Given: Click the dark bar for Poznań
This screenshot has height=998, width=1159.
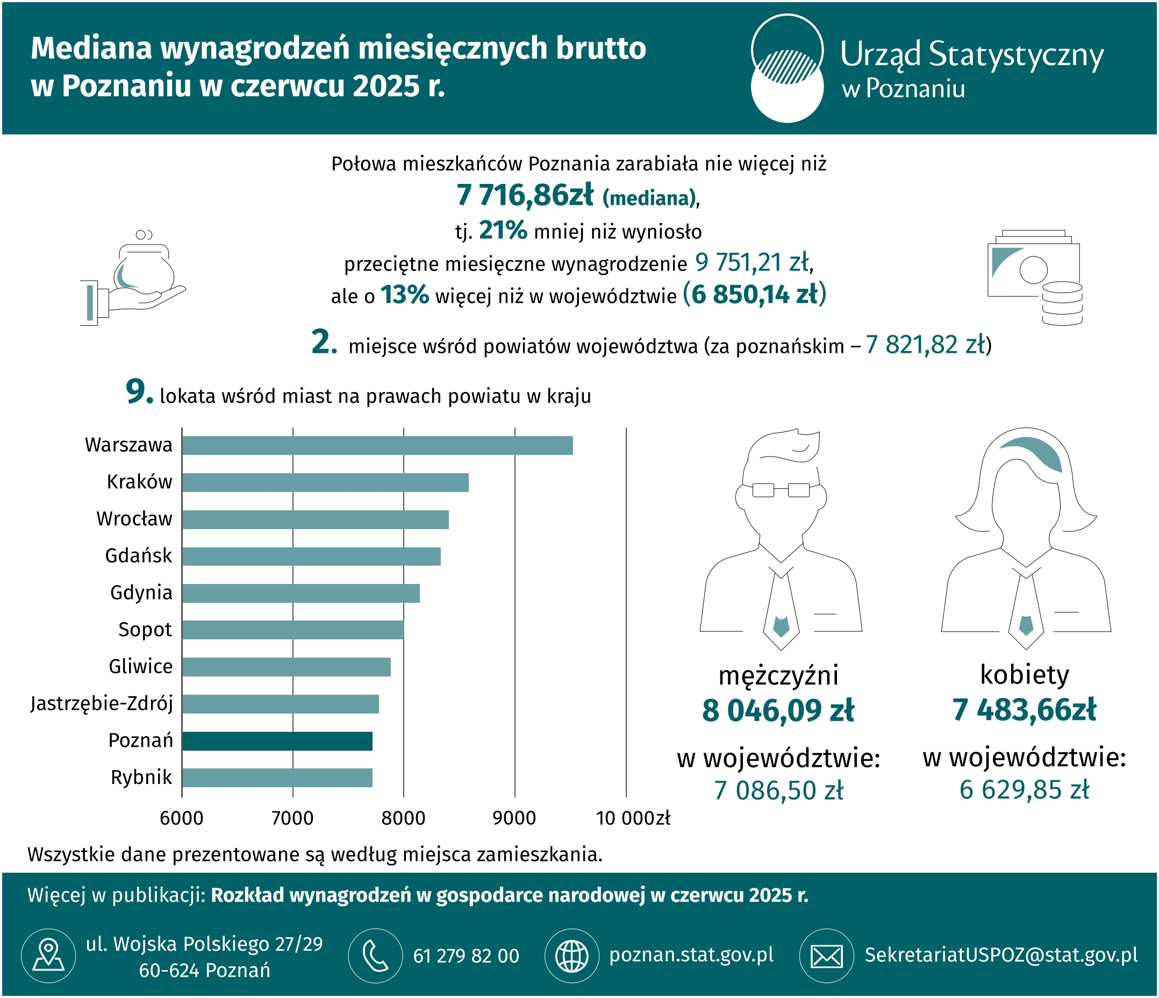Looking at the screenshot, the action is pos(277,741).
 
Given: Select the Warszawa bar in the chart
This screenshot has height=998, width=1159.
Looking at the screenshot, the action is pos(377,445).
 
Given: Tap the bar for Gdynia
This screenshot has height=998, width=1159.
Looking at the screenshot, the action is pos(301,593).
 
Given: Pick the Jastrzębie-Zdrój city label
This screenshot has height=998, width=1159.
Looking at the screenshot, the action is pos(101,704).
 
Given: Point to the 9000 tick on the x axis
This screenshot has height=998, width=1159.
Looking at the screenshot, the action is pos(514,818).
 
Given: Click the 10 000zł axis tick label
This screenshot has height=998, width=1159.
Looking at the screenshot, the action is pos(633,818).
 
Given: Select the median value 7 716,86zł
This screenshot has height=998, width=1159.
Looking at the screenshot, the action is pos(525,195).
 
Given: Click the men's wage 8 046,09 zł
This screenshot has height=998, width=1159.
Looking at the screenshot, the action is pos(778,710).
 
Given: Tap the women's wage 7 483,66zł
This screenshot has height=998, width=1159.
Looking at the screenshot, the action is pos(1024,709).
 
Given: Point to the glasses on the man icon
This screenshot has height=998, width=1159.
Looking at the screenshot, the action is pos(781,490).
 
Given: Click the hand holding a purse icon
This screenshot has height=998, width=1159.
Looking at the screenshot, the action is pos(133,277).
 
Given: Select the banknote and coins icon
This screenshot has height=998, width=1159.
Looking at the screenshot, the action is pos(1035,277).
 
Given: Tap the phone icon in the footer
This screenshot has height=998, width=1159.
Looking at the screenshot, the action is pos(375,956).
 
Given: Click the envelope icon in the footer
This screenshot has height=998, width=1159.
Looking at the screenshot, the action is pos(827,956).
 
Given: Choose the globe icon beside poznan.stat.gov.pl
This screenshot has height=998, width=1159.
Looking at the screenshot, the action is pos(571,956).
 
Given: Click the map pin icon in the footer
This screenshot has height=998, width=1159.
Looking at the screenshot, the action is pos(49,956).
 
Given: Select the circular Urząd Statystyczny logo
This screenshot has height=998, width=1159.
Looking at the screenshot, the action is pos(787,68).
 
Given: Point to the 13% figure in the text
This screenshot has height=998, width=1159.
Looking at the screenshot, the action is pos(404,295).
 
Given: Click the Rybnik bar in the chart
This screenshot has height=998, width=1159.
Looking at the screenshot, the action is pos(277,778).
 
